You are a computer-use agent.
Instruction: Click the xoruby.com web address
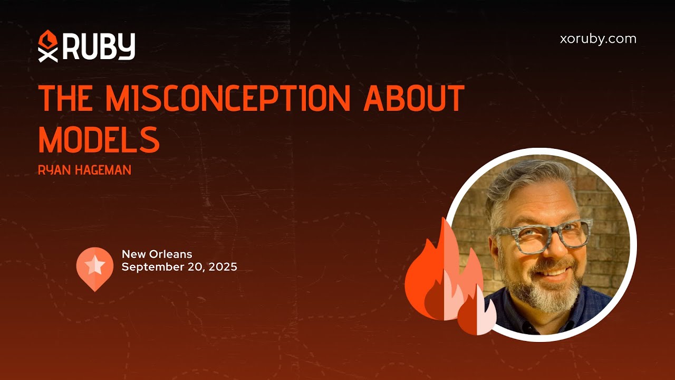pos(597,39)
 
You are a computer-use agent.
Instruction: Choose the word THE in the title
pos(66,98)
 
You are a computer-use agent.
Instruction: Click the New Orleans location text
pos(157,254)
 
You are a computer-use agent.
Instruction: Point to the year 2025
pos(222,267)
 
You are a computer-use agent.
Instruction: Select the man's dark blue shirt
pos(580,311)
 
